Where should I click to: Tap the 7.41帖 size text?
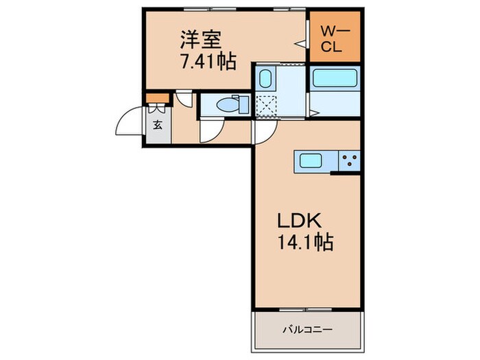(x=208, y=62)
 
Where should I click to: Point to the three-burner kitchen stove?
(x=350, y=162)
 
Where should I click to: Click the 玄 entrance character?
(x=157, y=125)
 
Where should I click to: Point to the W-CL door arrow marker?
(x=300, y=42)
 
